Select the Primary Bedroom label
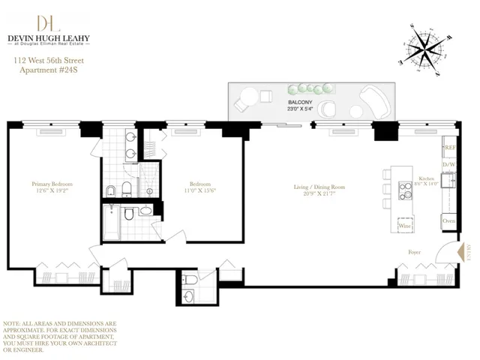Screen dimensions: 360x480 point(52,183)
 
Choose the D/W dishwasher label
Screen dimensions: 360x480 point(448,165)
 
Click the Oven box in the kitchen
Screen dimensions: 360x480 point(448,221)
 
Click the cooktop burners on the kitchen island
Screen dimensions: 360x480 point(406,184)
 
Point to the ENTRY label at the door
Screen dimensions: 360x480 point(466,252)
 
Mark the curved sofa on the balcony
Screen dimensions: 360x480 point(371,100)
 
